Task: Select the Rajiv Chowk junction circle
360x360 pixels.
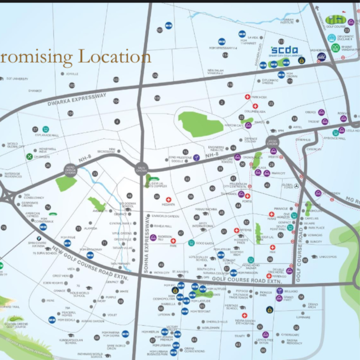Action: pos(142,168)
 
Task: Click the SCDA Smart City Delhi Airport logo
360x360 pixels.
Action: pos(284,51)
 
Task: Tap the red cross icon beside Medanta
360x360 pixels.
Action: pos(168,200)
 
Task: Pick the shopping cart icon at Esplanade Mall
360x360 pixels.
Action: pos(46,129)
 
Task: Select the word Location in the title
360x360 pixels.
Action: pos(115,57)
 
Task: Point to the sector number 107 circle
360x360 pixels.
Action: pos(160,30)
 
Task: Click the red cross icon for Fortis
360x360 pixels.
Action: pos(247,196)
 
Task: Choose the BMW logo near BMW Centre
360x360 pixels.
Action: pos(39,239)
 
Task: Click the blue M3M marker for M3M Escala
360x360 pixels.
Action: pos(52,320)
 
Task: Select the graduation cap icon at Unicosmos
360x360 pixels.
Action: pos(314,257)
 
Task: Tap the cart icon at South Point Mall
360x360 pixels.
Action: pos(290,228)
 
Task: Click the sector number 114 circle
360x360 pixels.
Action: pos(225,55)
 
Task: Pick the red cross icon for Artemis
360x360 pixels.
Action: pos(237,231)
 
